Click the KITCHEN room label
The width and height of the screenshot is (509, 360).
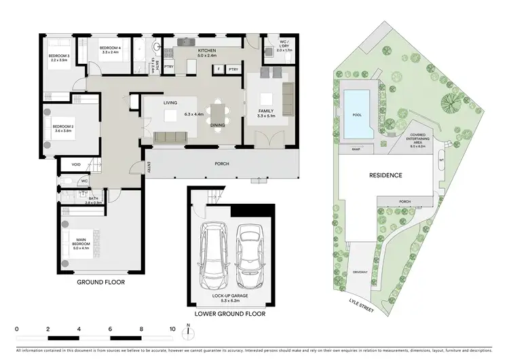(x=207, y=51)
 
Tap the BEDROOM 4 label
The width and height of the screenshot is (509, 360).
(x=100, y=48)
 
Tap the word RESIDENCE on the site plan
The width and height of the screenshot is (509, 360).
(x=385, y=175)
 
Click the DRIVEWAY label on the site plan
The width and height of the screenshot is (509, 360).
(x=360, y=271)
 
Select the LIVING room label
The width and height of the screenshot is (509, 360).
(x=170, y=103)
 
